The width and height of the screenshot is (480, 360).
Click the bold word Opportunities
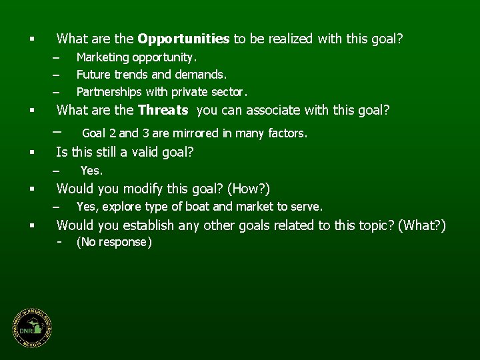(x=183, y=39)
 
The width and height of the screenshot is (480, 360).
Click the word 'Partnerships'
(x=107, y=91)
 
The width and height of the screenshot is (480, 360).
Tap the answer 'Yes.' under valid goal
(x=91, y=171)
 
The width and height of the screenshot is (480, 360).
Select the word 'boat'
(x=197, y=207)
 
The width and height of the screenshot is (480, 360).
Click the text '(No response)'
(x=114, y=242)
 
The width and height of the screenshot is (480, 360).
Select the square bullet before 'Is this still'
(x=31, y=153)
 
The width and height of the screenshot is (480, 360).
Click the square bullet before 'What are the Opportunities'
(x=31, y=39)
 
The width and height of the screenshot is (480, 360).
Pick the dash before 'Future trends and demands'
(x=57, y=75)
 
